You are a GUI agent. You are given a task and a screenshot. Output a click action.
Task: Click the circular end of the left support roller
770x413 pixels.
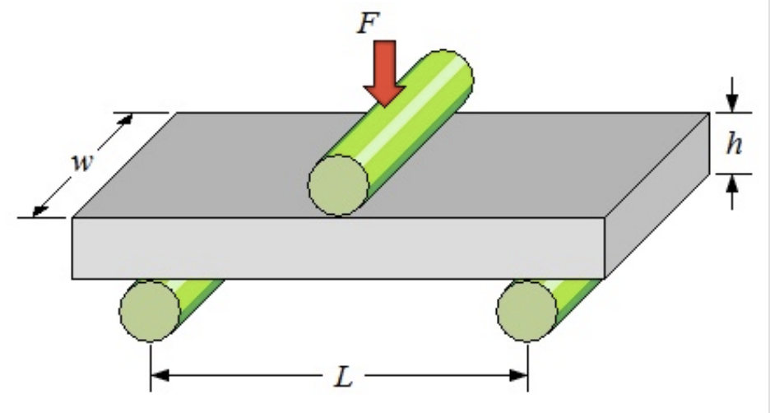tap(150, 310)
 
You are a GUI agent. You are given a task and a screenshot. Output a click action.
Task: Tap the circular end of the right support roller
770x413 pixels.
tap(527, 310)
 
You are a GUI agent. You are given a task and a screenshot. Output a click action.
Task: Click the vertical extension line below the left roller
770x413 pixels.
tap(151, 362)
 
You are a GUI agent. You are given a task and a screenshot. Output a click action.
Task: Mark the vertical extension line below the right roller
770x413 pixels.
tap(527, 362)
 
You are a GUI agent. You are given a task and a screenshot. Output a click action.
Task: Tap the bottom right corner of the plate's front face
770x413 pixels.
tap(605, 278)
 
